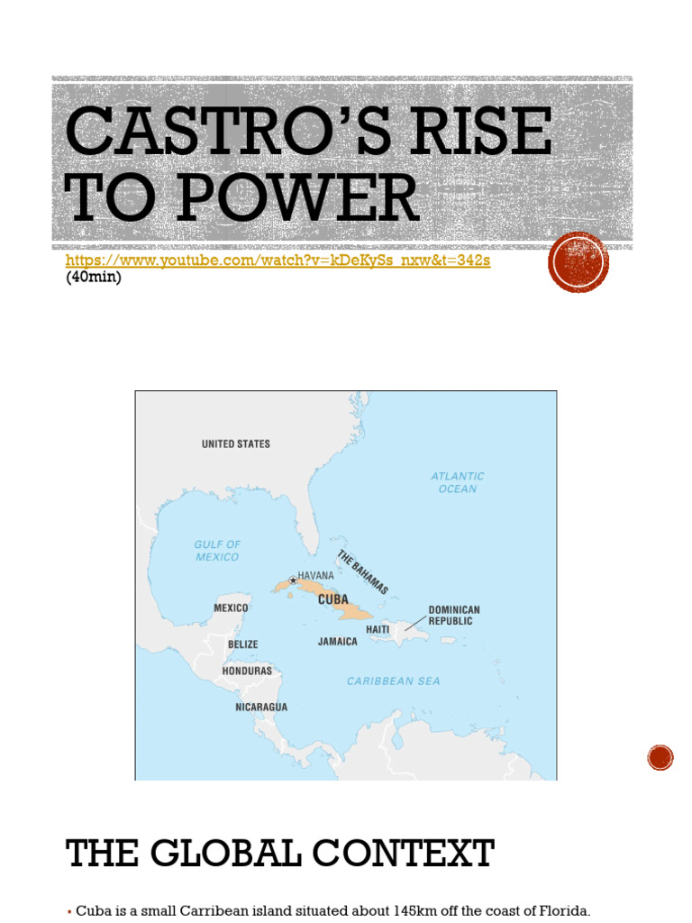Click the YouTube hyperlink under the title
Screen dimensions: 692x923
[x=278, y=260]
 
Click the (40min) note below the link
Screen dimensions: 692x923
[x=93, y=278]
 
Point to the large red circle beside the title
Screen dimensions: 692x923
[x=578, y=262]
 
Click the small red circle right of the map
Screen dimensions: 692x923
[x=660, y=757]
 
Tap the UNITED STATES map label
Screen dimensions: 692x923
[x=235, y=444]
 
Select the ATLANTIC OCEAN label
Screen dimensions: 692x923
[x=458, y=482]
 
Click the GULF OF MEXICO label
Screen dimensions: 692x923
[x=217, y=551]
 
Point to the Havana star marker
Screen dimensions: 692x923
[x=292, y=580]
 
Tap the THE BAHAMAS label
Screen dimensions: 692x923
[x=362, y=572]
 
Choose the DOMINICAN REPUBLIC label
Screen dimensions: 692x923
[x=454, y=616]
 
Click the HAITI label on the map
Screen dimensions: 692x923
[x=378, y=629]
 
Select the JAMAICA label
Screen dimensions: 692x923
[x=337, y=642]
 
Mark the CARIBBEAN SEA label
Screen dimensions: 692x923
[x=394, y=681]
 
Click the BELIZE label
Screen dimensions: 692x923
[x=242, y=644]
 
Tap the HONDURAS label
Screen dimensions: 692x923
[x=247, y=672]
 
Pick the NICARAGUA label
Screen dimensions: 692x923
[x=261, y=708]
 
